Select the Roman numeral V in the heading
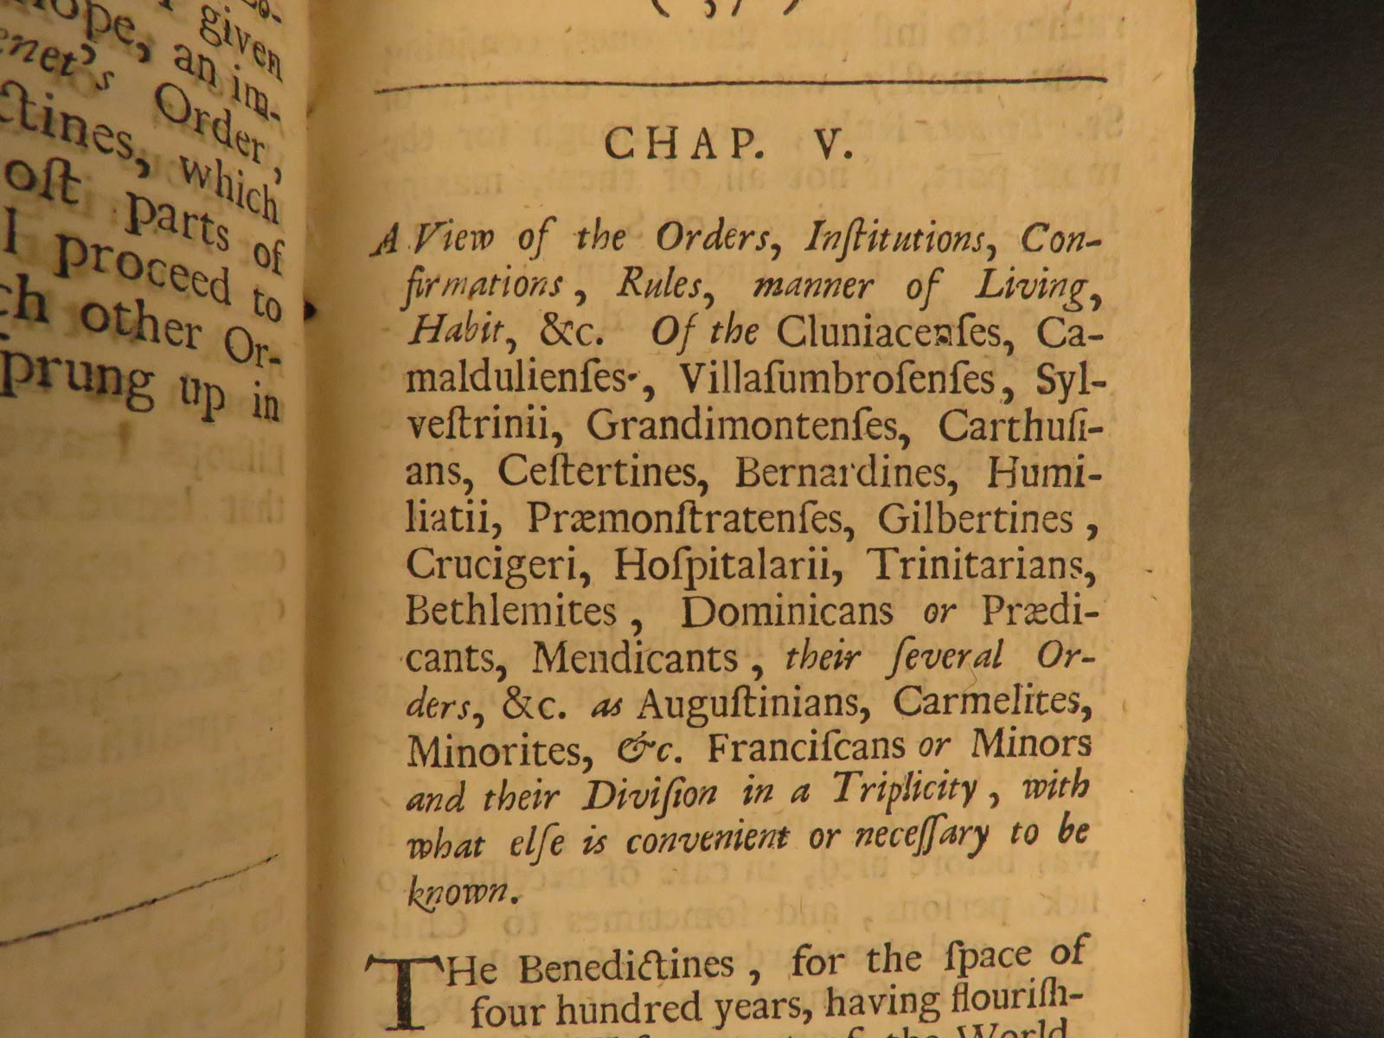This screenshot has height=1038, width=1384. click(x=828, y=145)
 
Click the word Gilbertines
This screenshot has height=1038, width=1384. click(x=976, y=518)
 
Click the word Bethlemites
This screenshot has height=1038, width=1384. click(x=511, y=612)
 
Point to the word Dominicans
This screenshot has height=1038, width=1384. click(x=786, y=612)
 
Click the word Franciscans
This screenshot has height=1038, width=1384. click(x=806, y=747)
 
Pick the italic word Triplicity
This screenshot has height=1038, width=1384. click(x=905, y=790)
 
